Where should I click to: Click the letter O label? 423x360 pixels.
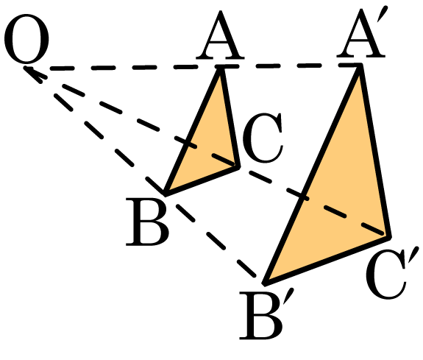(x=26, y=38)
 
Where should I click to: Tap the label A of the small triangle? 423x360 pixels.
(x=220, y=35)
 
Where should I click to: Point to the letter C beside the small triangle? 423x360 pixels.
(x=263, y=138)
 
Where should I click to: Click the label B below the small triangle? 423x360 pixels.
(x=147, y=222)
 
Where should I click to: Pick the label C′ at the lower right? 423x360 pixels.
(x=391, y=273)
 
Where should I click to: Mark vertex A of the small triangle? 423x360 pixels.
(x=221, y=68)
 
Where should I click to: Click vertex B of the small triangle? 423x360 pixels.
(x=165, y=194)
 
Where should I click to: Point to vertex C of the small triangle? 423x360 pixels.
(x=238, y=167)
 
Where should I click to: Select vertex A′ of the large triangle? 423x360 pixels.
(x=360, y=66)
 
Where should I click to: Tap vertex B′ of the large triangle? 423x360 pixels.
(x=265, y=283)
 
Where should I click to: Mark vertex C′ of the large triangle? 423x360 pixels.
(x=389, y=237)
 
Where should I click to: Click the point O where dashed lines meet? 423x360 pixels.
(x=26, y=68)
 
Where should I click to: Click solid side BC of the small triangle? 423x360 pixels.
(x=202, y=180)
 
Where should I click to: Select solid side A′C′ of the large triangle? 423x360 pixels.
(x=374, y=151)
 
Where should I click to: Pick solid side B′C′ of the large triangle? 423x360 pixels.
(x=327, y=261)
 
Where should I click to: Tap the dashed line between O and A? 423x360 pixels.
(x=124, y=67)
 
